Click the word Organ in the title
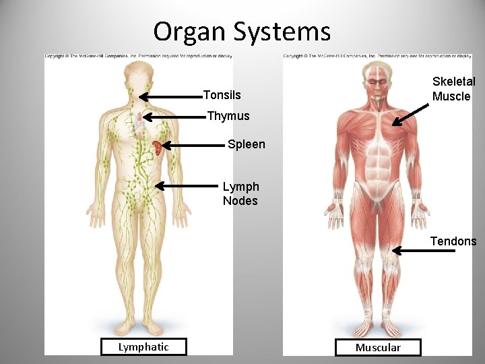[190, 32]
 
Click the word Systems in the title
[282, 32]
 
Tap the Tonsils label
[222, 95]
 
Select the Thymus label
[228, 116]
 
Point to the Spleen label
[247, 144]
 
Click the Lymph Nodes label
[240, 193]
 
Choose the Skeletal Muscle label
[453, 89]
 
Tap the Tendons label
[453, 241]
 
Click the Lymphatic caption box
[143, 347]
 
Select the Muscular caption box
[378, 348]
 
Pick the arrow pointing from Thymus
[174, 117]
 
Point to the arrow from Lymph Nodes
[189, 184]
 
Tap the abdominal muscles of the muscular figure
[377, 162]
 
